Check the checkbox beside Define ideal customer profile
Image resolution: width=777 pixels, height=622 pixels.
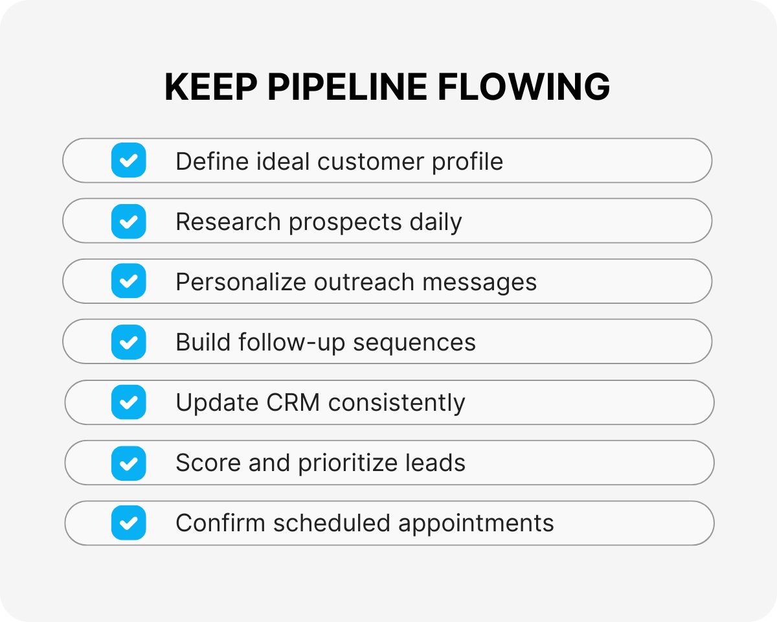pyautogui.click(x=128, y=161)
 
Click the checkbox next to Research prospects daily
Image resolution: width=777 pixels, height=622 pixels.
pyautogui.click(x=128, y=222)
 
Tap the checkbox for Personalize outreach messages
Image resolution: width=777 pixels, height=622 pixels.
pyautogui.click(x=128, y=282)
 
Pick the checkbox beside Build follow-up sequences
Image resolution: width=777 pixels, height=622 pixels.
pyautogui.click(x=128, y=342)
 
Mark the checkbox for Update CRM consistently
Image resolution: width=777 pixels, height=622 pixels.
pyautogui.click(x=128, y=402)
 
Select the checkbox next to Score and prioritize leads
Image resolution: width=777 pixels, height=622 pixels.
pyautogui.click(x=128, y=463)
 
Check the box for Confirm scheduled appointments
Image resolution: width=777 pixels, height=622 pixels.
pyautogui.click(x=128, y=523)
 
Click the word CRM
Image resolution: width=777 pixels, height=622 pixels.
pyautogui.click(x=293, y=403)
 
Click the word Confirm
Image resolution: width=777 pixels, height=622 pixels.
pyautogui.click(x=220, y=524)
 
